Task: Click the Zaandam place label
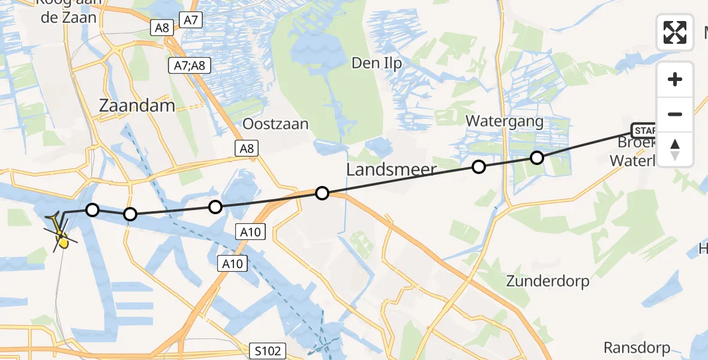pos(137,106)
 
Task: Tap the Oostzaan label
pos(275,124)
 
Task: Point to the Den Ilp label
pos(376,63)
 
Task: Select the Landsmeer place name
pos(391,170)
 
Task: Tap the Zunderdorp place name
pos(547,281)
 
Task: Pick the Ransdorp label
pos(637,347)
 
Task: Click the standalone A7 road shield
pos(190,20)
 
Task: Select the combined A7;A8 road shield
pos(190,65)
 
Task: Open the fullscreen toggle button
pos(675,32)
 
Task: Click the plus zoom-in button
pos(675,79)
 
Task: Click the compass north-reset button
pos(675,149)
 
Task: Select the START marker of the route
pos(643,130)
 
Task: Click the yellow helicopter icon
pos(61,236)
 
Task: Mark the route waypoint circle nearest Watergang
pos(537,158)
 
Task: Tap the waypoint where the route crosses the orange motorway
pos(322,193)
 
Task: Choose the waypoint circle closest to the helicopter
pos(92,209)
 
